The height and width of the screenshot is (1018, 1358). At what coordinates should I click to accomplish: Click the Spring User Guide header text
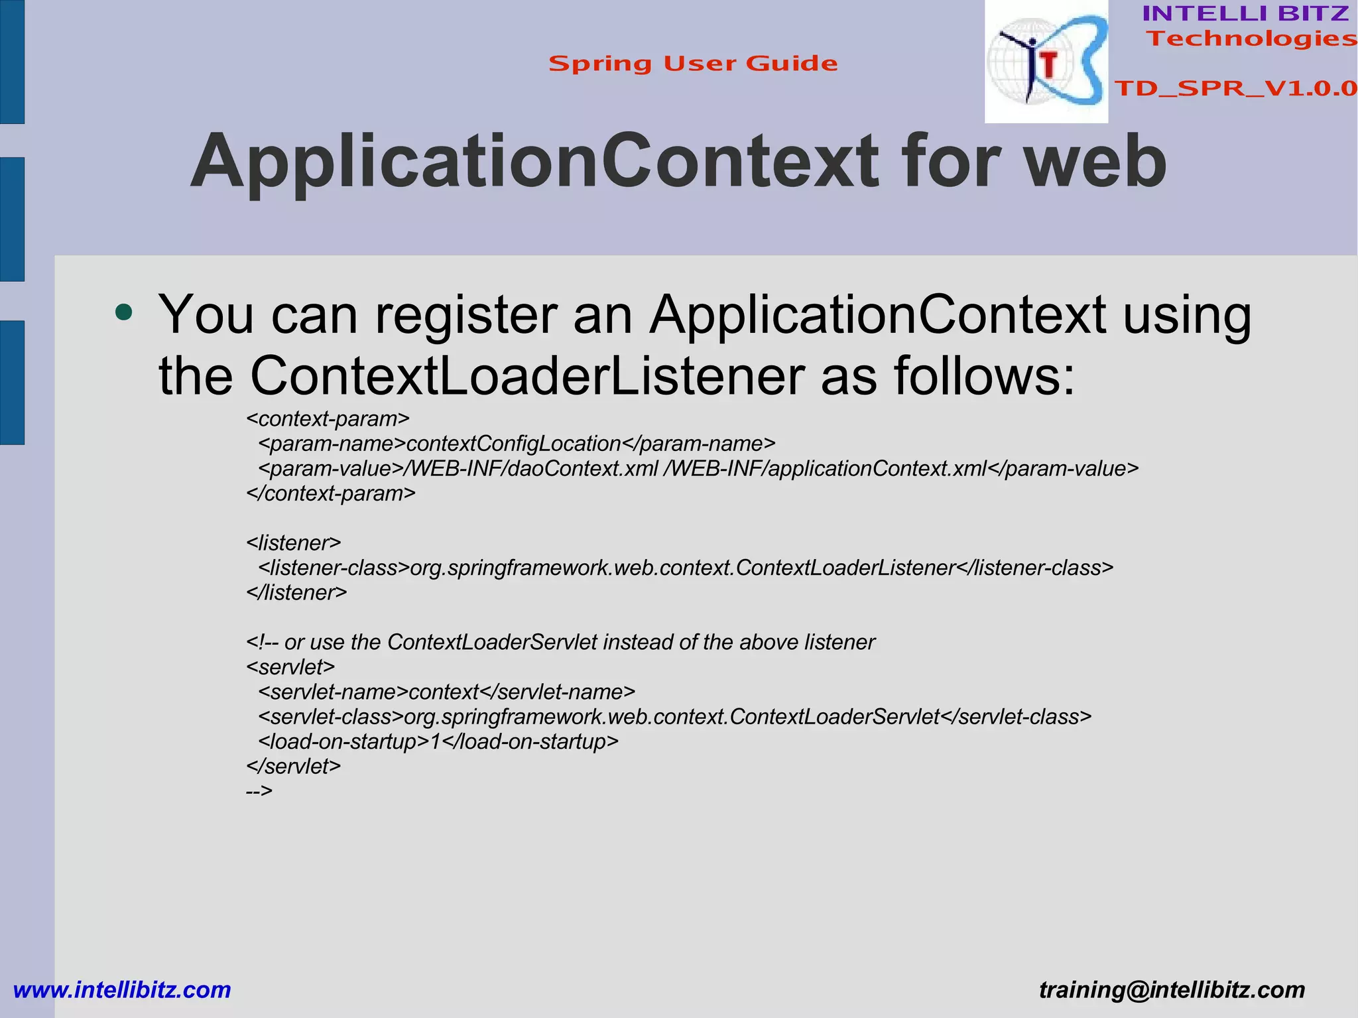coord(693,64)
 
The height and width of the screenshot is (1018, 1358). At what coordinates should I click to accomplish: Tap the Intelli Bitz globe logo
coord(1046,62)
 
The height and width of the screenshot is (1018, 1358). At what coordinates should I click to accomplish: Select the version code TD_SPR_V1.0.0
coord(1235,88)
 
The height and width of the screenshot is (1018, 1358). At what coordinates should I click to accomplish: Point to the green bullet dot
coord(124,312)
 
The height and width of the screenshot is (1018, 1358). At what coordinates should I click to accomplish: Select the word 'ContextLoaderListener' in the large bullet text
coord(527,376)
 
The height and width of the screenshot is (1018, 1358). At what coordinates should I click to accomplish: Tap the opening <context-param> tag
coord(328,419)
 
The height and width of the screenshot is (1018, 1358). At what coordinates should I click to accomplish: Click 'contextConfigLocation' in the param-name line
coord(514,444)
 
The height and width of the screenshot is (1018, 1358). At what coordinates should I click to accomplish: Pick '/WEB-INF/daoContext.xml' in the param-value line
coord(534,469)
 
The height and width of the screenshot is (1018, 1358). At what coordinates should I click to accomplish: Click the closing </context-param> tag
coord(330,493)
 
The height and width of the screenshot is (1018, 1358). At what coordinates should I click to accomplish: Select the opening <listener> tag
coord(293,543)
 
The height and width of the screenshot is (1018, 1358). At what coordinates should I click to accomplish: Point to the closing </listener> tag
coord(296,592)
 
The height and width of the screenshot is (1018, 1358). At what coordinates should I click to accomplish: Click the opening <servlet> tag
coord(290,667)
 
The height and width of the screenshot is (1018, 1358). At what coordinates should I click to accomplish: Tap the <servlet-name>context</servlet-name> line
coord(446,692)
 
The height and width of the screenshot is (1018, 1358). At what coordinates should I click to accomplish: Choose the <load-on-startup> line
coord(438,741)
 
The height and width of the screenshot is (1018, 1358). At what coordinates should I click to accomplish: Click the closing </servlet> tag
coord(293,766)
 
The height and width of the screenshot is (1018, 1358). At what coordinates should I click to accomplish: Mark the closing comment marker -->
coord(259,791)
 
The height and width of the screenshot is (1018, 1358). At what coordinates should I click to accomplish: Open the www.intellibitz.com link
coord(122,989)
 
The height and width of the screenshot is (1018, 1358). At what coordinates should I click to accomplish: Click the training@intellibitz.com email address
coord(1172,989)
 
